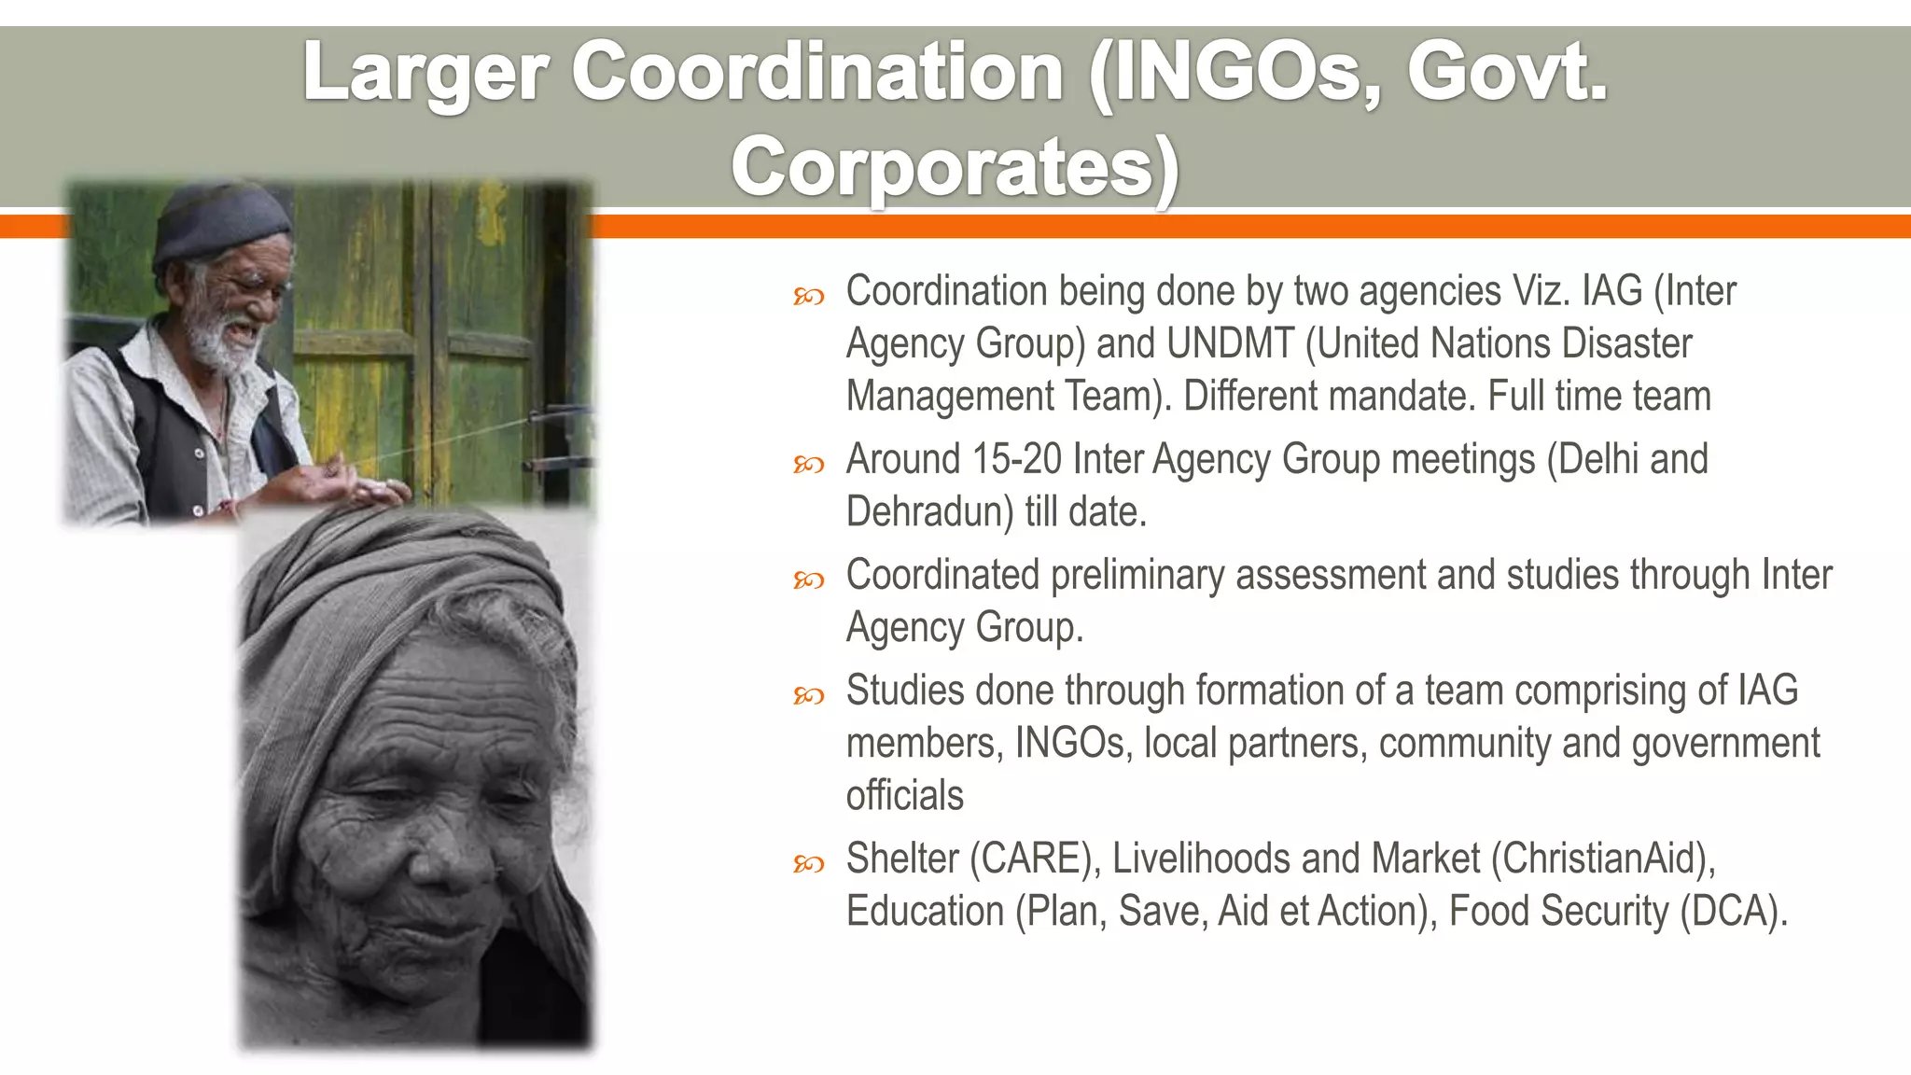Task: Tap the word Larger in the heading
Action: click(x=425, y=73)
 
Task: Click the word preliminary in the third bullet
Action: click(x=1137, y=575)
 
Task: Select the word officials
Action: click(x=904, y=795)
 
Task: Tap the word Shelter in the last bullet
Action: click(x=901, y=859)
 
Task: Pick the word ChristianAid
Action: click(x=1602, y=859)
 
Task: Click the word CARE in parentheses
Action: click(x=1030, y=859)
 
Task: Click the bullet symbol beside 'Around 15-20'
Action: click(x=808, y=464)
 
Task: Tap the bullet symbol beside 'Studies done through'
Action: click(x=808, y=695)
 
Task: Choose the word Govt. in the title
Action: click(x=1507, y=73)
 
